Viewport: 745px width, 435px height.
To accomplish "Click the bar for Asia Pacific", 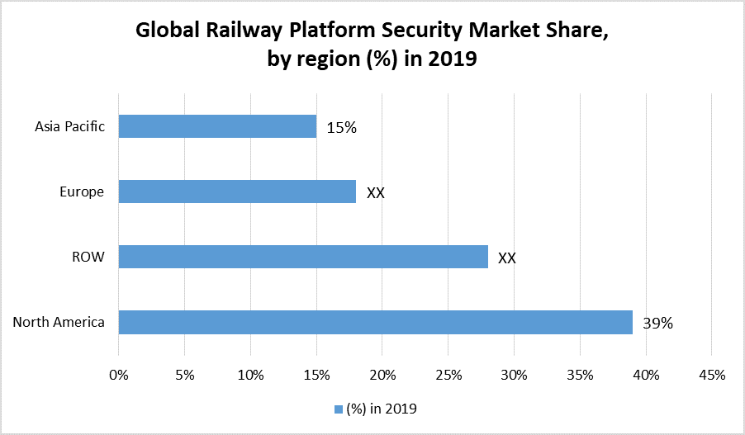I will click(x=217, y=126).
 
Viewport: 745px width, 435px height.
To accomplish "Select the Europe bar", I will click(x=237, y=191).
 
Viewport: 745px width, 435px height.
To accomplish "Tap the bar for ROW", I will click(x=303, y=257).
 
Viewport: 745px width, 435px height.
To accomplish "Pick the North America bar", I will click(x=375, y=322).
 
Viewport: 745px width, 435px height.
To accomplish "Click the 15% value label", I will click(x=341, y=127).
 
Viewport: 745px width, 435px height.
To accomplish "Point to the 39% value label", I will click(x=658, y=324).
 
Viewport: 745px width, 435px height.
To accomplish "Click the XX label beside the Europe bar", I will click(x=376, y=192).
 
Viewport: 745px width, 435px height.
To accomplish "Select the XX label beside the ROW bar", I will click(x=507, y=258).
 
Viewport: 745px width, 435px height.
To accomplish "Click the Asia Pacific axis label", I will click(x=69, y=126).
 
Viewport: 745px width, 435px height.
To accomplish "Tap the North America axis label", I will click(x=59, y=322).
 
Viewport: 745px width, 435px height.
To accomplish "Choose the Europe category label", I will click(x=82, y=191).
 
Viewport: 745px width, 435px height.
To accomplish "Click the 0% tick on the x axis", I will click(x=119, y=375).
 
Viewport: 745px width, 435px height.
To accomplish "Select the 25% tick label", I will click(x=448, y=375).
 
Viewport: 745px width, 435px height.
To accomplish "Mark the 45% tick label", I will click(x=711, y=375).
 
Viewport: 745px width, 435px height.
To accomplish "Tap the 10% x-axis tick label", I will click(x=250, y=375).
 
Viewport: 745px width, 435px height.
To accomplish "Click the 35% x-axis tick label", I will click(x=580, y=375).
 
